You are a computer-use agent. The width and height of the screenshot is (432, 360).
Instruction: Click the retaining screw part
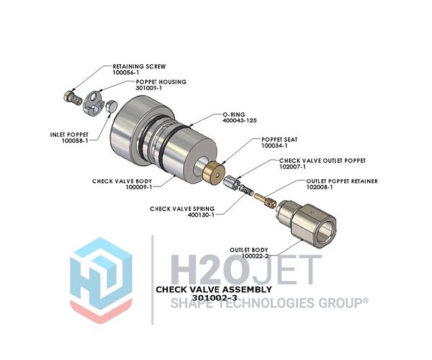coord(73,98)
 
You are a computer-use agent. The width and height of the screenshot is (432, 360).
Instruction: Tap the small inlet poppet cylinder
coord(112,106)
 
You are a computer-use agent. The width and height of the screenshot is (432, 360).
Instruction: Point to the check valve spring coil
coord(246,190)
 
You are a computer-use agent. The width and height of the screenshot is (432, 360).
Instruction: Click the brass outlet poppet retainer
coord(265,199)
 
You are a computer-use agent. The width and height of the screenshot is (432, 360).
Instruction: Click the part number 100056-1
coord(126,73)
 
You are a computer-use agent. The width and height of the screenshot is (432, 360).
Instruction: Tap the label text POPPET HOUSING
coord(161,82)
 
